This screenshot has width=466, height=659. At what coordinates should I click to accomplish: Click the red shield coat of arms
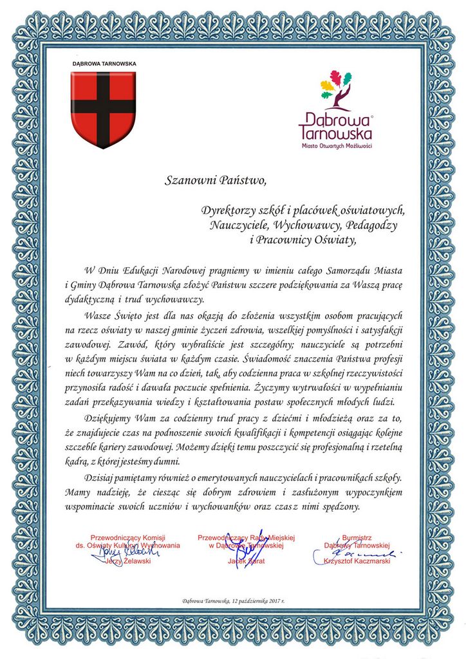(103, 108)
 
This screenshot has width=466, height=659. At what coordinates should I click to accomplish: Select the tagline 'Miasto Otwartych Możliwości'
(337, 146)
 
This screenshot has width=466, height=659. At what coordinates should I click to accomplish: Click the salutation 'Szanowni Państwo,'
(214, 180)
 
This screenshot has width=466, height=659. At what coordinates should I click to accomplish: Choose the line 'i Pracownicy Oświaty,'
(303, 240)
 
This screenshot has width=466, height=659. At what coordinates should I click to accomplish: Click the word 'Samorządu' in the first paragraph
(354, 268)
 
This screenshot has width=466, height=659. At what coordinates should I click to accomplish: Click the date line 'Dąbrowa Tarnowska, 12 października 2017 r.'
(233, 601)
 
